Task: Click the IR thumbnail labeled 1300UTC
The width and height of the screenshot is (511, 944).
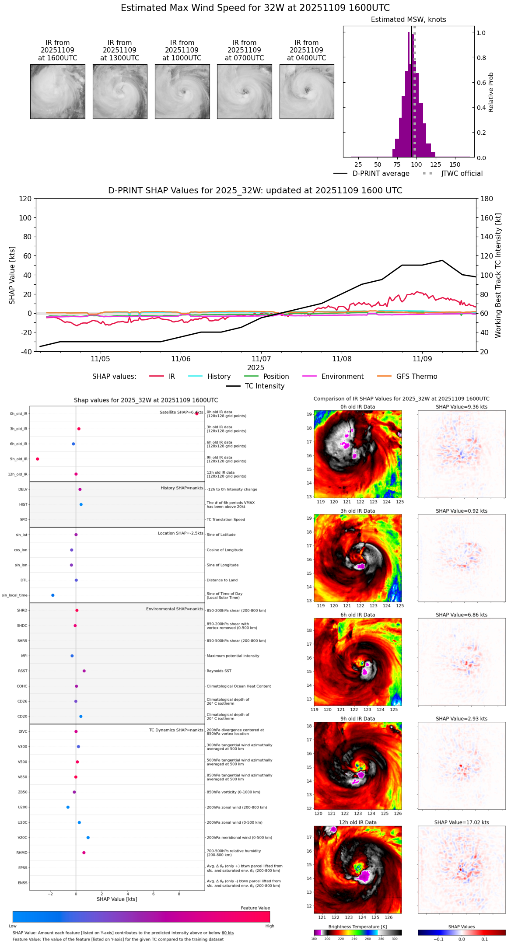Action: click(120, 91)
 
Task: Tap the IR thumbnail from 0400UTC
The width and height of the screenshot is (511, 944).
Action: click(307, 91)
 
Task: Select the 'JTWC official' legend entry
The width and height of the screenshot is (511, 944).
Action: click(462, 174)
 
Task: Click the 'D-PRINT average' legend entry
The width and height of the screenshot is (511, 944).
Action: click(381, 174)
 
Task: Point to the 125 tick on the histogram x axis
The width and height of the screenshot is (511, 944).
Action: click(435, 164)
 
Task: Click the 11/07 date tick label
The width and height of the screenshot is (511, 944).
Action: click(261, 359)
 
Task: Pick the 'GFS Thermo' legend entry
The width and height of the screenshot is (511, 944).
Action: click(416, 377)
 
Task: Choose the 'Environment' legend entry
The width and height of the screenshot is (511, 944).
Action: click(342, 377)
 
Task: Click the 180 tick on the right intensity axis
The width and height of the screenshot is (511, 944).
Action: click(487, 199)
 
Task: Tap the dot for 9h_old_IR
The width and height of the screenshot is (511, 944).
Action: click(38, 459)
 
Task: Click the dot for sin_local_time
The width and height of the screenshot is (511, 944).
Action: click(53, 595)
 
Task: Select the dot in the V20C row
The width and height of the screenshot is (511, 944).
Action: click(88, 837)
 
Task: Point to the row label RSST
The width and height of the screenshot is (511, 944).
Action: click(23, 671)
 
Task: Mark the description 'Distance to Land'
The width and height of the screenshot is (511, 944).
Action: click(222, 580)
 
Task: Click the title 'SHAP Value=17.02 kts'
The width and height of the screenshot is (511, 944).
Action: click(462, 822)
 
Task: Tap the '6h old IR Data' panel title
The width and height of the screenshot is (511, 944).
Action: click(357, 615)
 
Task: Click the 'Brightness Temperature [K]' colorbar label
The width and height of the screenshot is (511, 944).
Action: click(357, 927)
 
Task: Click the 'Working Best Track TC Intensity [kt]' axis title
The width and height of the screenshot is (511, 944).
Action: click(498, 276)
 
